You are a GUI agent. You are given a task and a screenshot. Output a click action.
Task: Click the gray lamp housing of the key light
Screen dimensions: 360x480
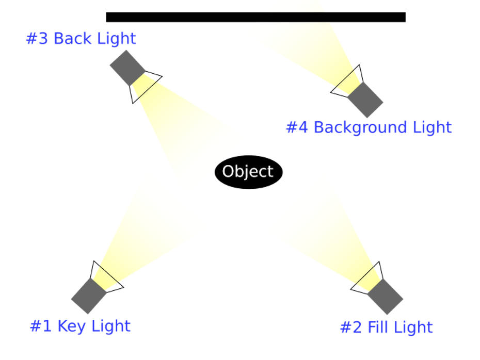[x=89, y=296]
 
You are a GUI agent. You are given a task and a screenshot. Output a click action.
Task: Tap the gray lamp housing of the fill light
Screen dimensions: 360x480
[x=385, y=297]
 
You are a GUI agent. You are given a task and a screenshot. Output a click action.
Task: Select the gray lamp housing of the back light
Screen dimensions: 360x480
[x=127, y=68]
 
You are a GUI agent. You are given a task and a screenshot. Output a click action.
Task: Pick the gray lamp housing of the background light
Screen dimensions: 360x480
[x=365, y=100]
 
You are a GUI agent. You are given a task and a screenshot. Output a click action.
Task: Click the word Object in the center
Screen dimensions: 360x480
[x=247, y=171]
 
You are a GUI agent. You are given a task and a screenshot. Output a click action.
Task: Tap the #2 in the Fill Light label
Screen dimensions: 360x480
[x=351, y=328]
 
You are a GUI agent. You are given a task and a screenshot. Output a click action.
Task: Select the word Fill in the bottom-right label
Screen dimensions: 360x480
[x=378, y=328]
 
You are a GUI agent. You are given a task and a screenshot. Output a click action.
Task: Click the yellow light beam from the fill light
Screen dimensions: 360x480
[x=325, y=227]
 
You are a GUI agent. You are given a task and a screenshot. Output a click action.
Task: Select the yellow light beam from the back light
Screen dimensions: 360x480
[x=191, y=134]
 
